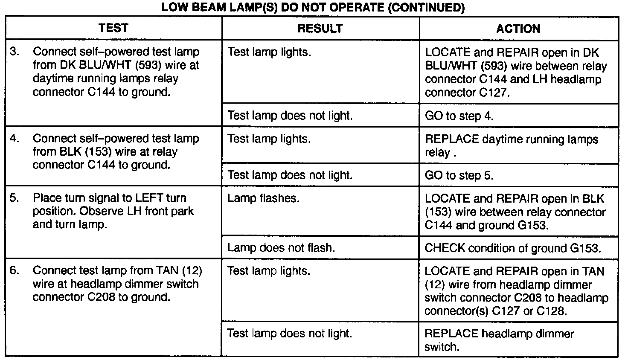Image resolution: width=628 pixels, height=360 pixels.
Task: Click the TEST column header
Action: point(113,28)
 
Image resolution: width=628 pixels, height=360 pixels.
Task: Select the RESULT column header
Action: point(320,29)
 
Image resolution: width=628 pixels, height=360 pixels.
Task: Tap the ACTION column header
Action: point(518,29)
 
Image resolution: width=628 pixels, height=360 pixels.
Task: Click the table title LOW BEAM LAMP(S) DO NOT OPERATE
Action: point(314,8)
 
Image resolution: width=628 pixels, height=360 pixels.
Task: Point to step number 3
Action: point(15,52)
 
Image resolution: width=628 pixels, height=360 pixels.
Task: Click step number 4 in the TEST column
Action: point(15,139)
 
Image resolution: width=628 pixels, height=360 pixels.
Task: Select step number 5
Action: point(15,198)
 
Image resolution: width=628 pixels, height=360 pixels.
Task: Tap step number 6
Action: point(15,271)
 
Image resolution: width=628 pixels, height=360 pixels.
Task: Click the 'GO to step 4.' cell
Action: point(459,116)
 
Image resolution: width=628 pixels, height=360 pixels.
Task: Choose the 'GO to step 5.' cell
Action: point(459,175)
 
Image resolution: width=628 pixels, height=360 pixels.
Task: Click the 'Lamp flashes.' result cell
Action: point(263,198)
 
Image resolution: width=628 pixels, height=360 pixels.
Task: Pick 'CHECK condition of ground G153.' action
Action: point(513,248)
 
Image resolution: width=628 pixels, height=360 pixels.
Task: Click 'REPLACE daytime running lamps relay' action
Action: point(511,145)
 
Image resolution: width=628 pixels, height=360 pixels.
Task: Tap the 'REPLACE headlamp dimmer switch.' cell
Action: point(499,340)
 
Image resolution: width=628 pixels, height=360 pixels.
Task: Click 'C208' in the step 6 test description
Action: point(101,297)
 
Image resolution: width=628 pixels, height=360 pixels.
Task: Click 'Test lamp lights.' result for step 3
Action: point(269,52)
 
